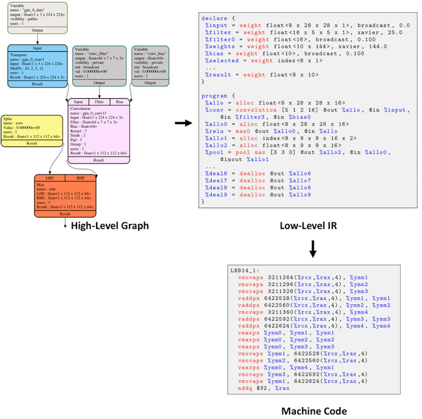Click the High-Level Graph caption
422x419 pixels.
(110, 226)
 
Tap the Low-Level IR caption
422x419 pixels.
(308, 226)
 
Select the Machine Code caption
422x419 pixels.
(314, 411)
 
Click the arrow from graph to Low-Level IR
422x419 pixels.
(184, 123)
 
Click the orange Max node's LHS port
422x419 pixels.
(50, 178)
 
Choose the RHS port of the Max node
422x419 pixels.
(81, 178)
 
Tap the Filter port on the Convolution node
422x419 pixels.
(99, 102)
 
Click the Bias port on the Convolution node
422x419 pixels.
(120, 102)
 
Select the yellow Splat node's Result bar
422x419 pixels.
(32, 143)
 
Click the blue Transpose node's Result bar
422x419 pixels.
(37, 84)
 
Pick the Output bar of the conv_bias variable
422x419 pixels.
(150, 83)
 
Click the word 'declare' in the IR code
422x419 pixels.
(214, 18)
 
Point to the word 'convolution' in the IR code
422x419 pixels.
(256, 110)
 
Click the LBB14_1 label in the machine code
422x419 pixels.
(245, 271)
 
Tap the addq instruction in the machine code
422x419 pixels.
(245, 388)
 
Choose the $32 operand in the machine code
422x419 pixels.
(262, 388)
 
